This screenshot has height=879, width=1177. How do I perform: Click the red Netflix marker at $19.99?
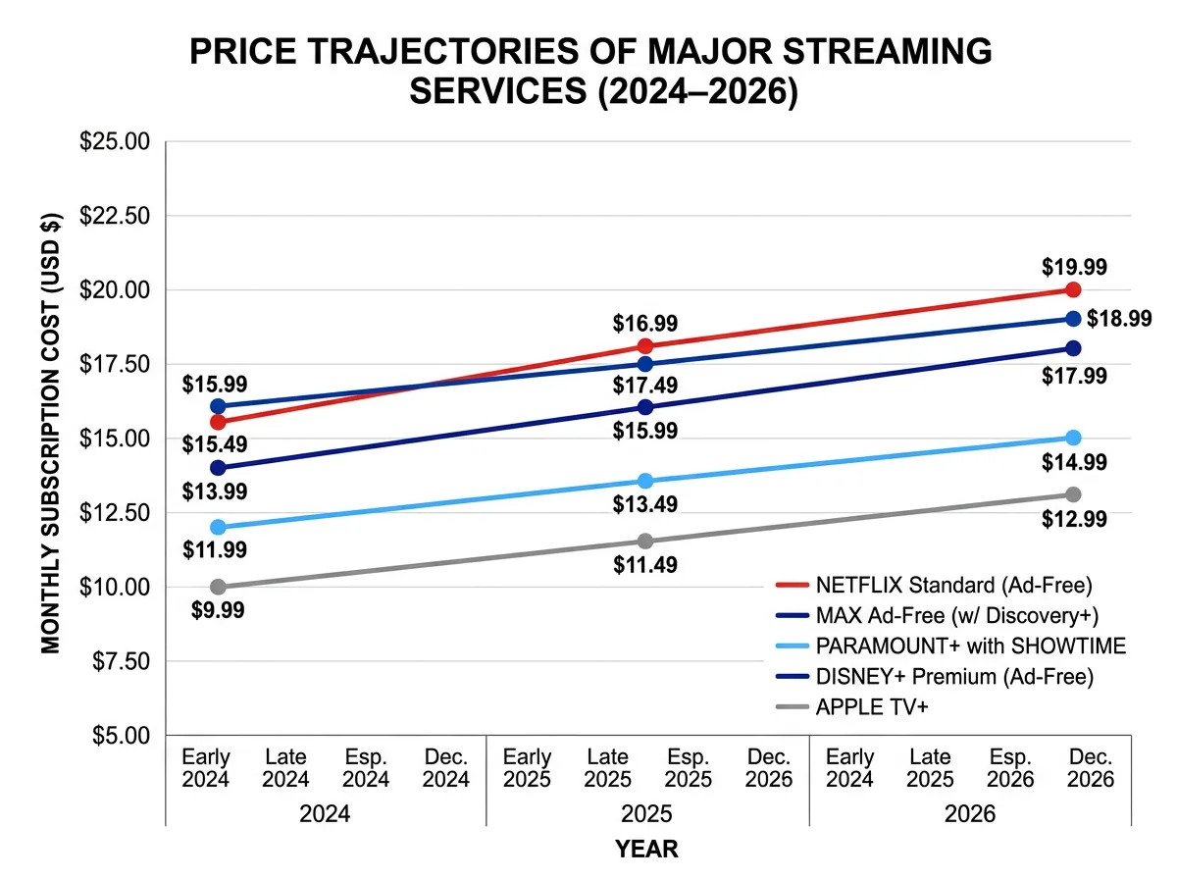(x=1073, y=289)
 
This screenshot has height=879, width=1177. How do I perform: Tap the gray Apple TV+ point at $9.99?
(x=218, y=587)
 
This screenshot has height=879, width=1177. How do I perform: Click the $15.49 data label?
(x=214, y=444)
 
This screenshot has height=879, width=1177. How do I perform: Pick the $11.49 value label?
(x=644, y=565)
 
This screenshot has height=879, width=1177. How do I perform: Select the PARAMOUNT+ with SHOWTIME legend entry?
(x=970, y=646)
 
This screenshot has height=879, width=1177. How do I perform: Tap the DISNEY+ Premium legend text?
(x=953, y=676)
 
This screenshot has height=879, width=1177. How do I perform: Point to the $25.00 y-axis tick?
(x=114, y=141)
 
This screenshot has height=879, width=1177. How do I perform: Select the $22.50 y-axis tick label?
(x=114, y=216)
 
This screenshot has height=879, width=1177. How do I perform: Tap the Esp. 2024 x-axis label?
(x=366, y=768)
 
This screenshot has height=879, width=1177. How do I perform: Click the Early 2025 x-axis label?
(x=527, y=768)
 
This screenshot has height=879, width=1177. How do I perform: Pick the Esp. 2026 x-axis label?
(x=1010, y=768)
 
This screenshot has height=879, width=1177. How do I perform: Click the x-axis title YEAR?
(x=646, y=849)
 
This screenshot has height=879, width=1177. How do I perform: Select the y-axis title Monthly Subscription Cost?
(x=51, y=433)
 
